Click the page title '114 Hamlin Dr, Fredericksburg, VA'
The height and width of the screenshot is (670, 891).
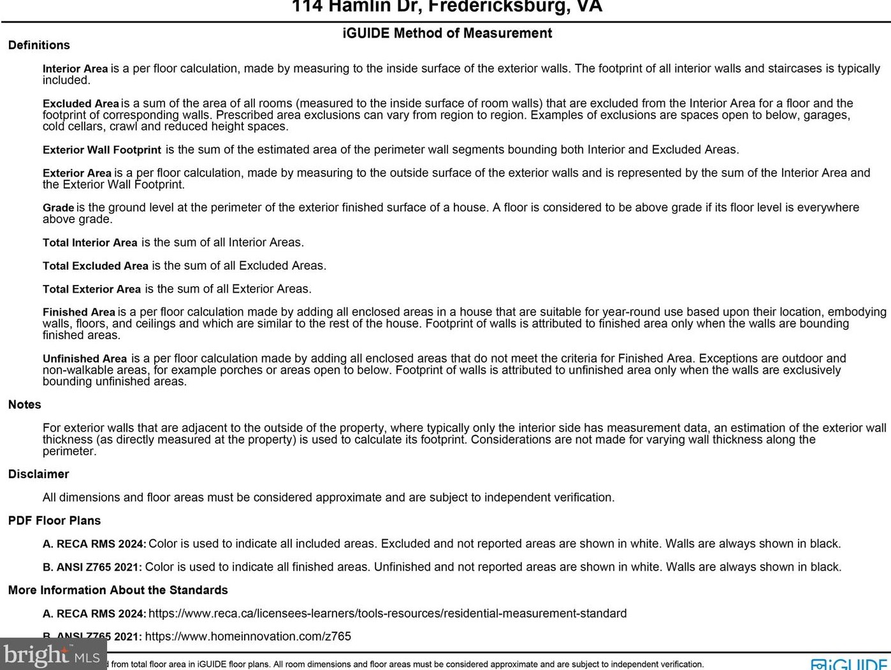click(446, 7)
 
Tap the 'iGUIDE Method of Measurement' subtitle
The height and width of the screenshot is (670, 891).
click(447, 33)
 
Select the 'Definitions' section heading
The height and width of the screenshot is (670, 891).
click(39, 45)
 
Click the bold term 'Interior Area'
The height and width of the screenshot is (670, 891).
click(75, 69)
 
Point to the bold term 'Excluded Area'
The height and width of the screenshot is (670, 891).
click(81, 103)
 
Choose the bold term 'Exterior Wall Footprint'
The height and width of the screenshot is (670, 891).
click(102, 150)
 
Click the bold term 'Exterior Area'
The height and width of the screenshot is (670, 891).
click(77, 173)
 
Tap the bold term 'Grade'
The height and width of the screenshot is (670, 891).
click(59, 208)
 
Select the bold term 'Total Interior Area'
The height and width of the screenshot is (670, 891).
click(90, 243)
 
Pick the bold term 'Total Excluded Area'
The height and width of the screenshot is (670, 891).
click(96, 266)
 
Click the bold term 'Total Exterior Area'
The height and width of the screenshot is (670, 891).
click(92, 289)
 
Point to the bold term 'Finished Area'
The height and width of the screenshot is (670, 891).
click(79, 312)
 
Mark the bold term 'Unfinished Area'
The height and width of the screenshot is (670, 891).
click(85, 359)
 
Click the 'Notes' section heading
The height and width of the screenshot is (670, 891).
click(25, 405)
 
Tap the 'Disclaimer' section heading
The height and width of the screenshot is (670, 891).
click(38, 474)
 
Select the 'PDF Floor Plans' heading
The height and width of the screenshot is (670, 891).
click(54, 521)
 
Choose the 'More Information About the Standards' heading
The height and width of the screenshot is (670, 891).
click(118, 590)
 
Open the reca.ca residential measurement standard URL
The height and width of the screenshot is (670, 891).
click(388, 613)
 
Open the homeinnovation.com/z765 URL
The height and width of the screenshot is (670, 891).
click(248, 636)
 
